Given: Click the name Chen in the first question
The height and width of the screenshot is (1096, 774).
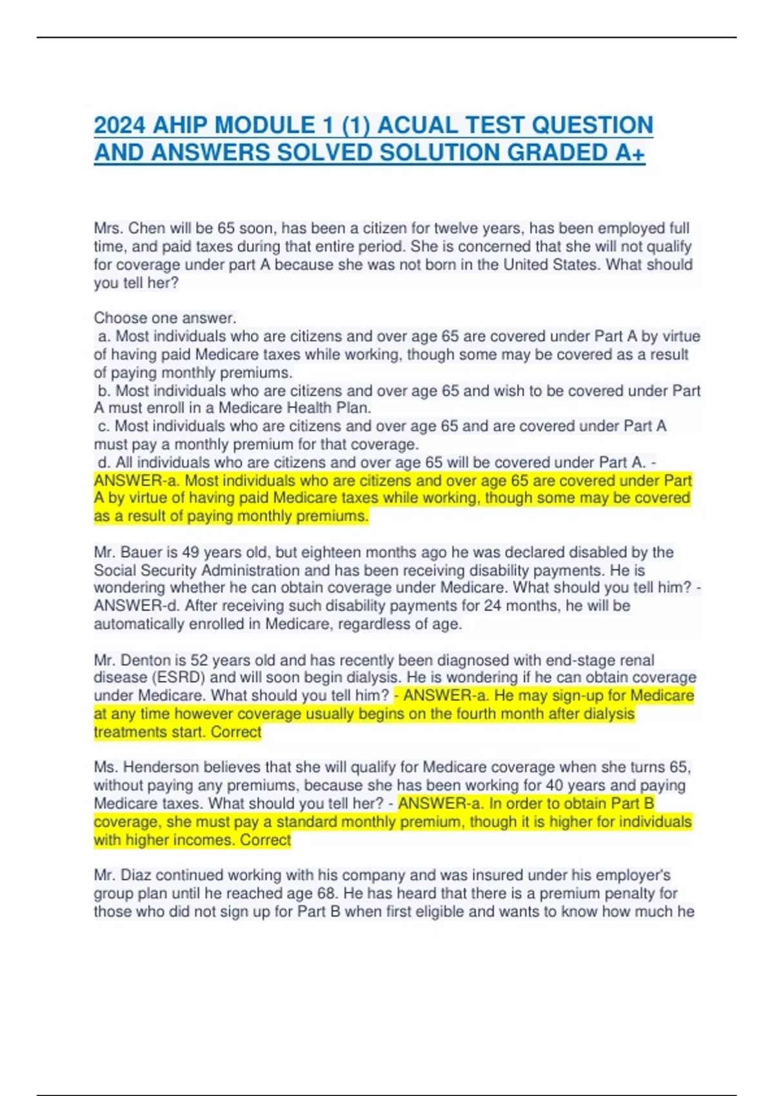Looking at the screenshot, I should pos(147,228).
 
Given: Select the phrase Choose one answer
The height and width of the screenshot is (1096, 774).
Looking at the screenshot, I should pos(165,318).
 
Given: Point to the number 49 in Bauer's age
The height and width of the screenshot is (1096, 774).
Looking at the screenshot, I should pos(190,553).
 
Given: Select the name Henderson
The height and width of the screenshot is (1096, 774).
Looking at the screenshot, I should pos(161,767).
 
